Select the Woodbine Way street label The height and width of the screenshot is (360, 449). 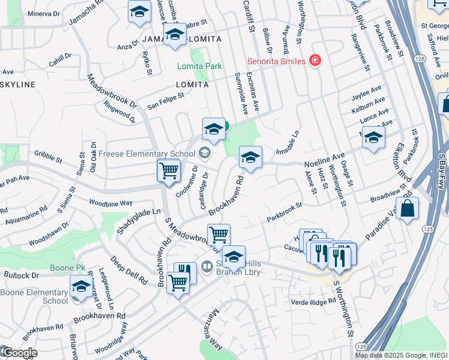tap(111, 203)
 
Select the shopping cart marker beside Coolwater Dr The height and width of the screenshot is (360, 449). tap(169, 170)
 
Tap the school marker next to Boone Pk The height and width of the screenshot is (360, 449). tap(81, 286)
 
